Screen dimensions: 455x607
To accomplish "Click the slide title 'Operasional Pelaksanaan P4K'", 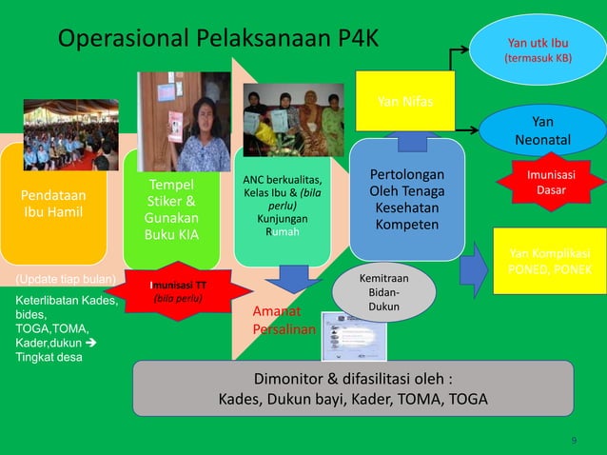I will click(x=218, y=39).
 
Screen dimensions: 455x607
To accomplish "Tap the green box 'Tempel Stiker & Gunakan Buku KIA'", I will click(x=171, y=209).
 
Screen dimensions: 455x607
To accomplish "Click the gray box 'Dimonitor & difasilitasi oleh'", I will click(x=353, y=386).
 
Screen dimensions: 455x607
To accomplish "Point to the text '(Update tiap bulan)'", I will click(x=66, y=280).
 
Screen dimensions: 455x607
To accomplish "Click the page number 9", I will click(x=574, y=439).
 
